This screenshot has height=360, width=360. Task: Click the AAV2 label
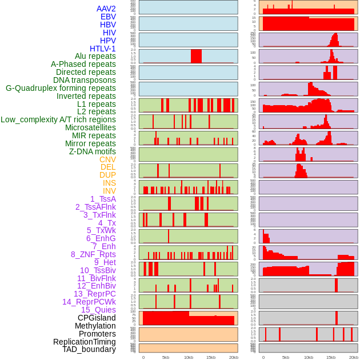[x=106, y=9]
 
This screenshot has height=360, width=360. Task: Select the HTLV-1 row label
[x=103, y=49]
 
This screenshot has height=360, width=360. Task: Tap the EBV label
[x=108, y=17]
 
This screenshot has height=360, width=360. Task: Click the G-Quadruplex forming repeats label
[x=61, y=88]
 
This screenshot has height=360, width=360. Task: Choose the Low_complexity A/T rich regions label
[x=58, y=119]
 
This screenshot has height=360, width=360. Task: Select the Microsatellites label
[x=90, y=127]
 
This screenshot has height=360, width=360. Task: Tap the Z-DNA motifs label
[x=93, y=151]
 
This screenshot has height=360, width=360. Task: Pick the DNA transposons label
[x=85, y=80]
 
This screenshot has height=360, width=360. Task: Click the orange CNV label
[x=107, y=159]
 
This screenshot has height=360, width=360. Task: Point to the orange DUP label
[x=107, y=175]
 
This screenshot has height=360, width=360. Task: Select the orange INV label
[x=109, y=191]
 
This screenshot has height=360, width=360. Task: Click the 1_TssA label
[x=103, y=199]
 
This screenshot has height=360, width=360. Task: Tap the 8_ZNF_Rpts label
[x=93, y=254]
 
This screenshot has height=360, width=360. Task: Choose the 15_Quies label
[x=98, y=310]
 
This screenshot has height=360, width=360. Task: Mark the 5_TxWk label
[x=101, y=230]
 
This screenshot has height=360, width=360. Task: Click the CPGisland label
[x=97, y=318]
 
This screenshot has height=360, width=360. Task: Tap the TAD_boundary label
[x=89, y=349]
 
